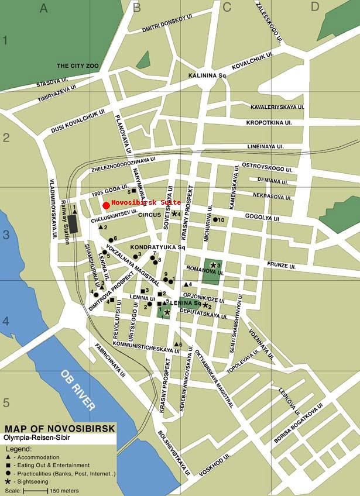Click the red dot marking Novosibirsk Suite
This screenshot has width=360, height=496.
tap(106, 205)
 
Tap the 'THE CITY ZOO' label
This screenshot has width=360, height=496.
tap(79, 66)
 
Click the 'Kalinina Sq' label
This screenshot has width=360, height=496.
tap(207, 76)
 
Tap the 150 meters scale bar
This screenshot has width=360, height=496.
tap(36, 491)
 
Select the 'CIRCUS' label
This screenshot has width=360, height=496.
tap(149, 215)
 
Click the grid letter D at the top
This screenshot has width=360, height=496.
tap(315, 7)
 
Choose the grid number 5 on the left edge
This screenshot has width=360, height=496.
tap(6, 403)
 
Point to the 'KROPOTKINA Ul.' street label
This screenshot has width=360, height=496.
tap(269, 123)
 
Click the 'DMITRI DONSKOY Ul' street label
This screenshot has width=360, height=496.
tap(159, 24)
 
